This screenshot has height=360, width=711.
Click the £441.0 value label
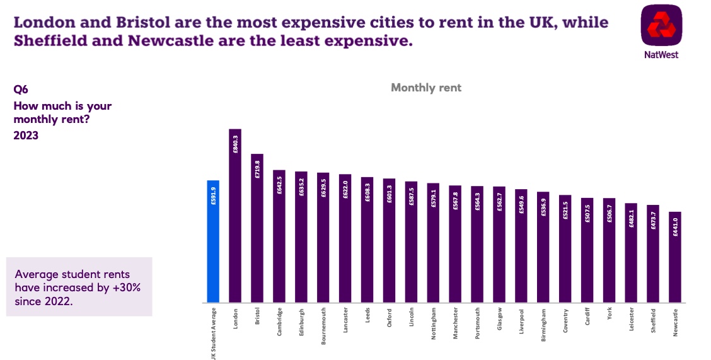[x=675, y=231]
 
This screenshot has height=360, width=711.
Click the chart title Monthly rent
[x=426, y=88]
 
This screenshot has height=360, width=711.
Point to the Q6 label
[x=21, y=90]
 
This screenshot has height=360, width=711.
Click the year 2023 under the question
[x=26, y=135]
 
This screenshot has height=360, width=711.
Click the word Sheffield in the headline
[x=52, y=42]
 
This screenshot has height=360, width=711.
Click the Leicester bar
[x=631, y=253]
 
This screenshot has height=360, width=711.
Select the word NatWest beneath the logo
[x=661, y=55]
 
